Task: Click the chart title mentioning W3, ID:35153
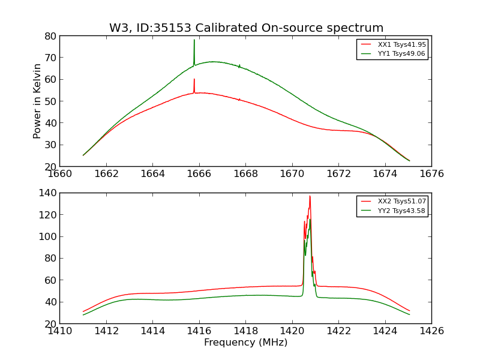point(246,28)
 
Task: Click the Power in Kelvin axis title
point(37,101)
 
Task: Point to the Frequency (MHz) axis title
point(245,343)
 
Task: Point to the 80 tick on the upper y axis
point(50,36)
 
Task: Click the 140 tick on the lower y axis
point(47,193)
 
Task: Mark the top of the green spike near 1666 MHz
point(194,40)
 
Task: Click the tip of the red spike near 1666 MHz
point(194,79)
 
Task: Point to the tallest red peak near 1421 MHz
point(310,196)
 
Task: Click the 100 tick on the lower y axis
point(47,236)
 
